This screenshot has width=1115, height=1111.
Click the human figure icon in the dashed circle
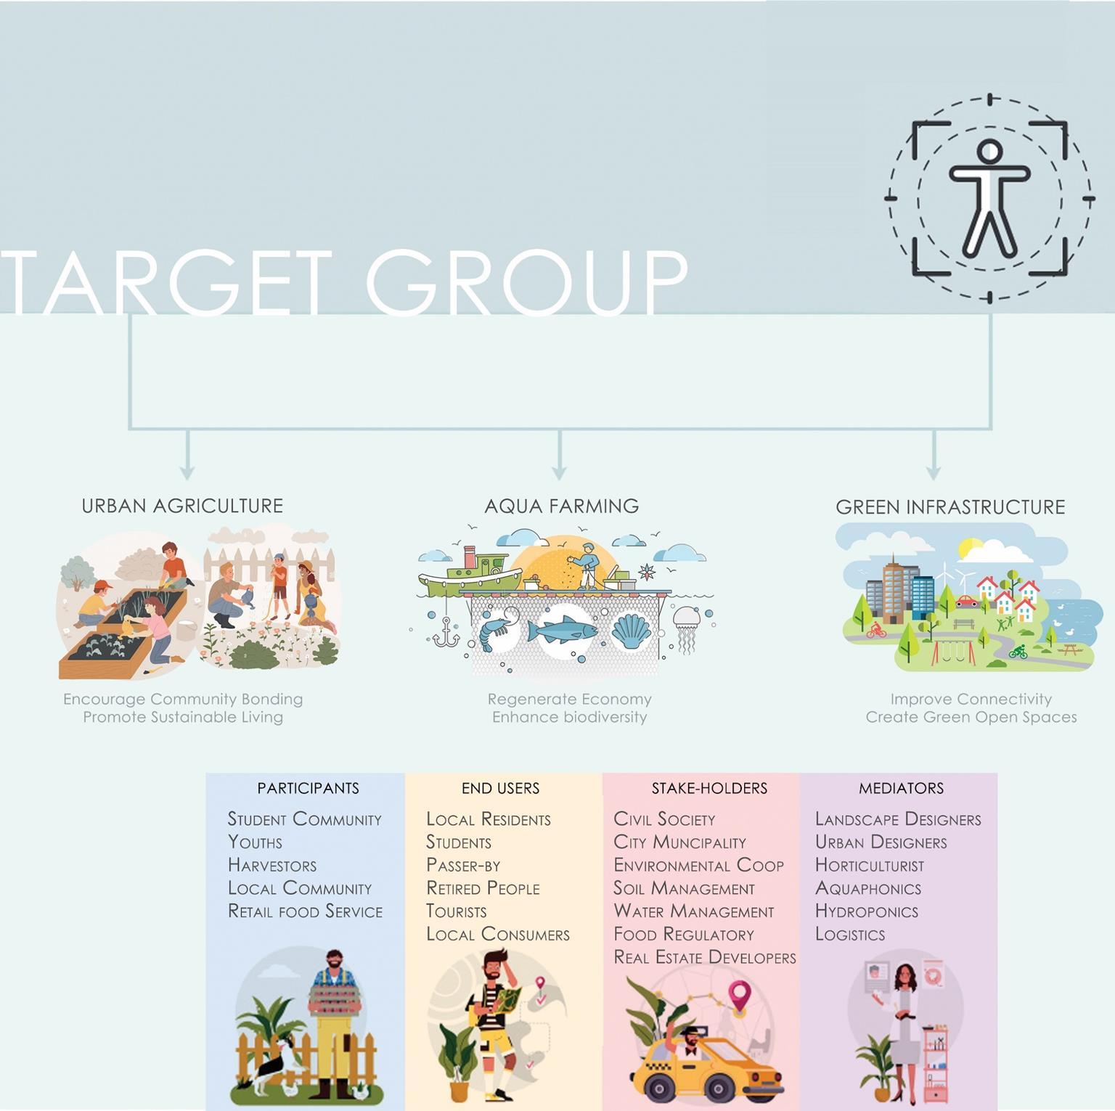989,197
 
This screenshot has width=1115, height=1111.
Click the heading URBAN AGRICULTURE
182,506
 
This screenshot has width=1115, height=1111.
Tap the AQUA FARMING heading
562,506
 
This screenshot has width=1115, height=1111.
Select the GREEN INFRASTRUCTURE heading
950,507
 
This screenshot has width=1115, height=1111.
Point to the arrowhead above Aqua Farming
559,472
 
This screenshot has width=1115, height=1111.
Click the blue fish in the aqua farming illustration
562,631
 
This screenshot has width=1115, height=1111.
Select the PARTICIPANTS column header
308,788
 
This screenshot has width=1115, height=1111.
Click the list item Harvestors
272,866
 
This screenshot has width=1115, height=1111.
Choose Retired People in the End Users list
483,889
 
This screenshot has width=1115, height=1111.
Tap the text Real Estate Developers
705,958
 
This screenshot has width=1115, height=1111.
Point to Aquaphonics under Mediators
868,889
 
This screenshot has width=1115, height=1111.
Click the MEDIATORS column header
902,788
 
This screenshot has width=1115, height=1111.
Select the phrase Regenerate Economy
570,700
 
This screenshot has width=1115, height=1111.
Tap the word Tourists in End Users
457,911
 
